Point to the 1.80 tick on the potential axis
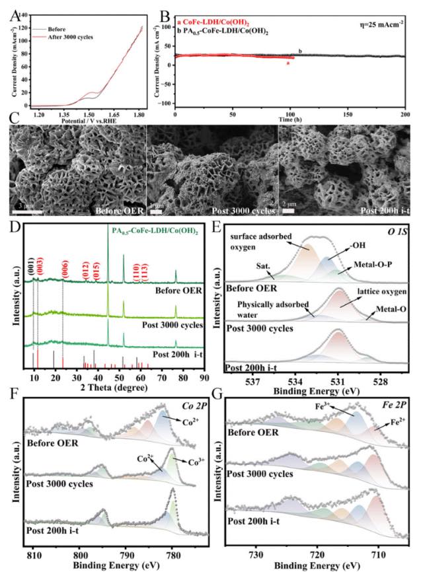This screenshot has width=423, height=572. (139, 114)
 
